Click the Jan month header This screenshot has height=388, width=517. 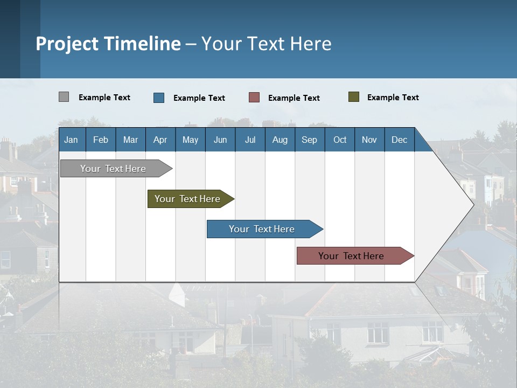(x=71, y=140)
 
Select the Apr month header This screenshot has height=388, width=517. (x=160, y=140)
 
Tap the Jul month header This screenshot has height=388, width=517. (x=250, y=140)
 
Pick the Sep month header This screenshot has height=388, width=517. (x=309, y=140)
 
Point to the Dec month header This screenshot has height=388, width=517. (x=399, y=140)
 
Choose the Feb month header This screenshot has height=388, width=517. (x=101, y=140)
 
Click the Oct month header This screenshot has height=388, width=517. (x=340, y=140)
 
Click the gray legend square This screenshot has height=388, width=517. (x=64, y=97)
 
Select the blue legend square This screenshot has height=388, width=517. (x=159, y=98)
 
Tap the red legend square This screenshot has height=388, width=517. (x=254, y=98)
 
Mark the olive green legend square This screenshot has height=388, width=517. (x=353, y=97)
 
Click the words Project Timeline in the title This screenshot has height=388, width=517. (x=108, y=44)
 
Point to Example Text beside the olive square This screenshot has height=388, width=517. (x=393, y=98)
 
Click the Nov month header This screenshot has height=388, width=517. (x=369, y=140)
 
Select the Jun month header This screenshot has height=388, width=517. (x=220, y=140)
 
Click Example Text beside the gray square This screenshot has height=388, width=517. (x=104, y=98)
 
